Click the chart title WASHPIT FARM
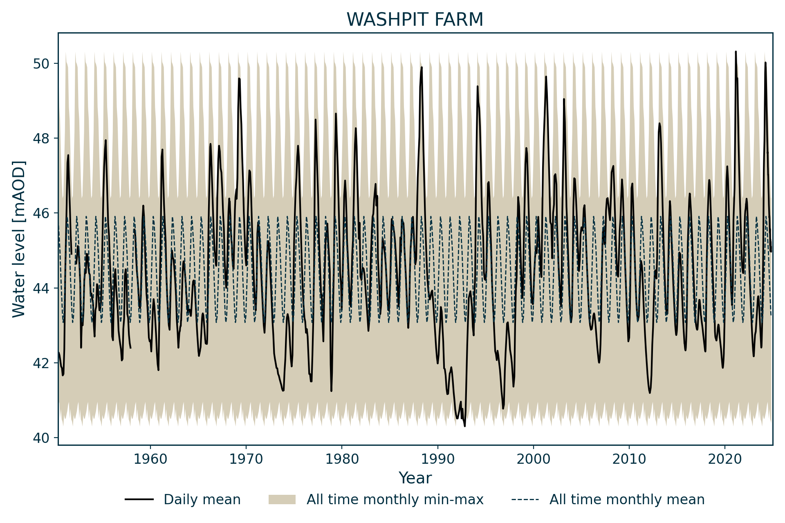point(415,20)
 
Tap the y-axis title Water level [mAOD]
point(19,239)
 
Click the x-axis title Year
point(415,478)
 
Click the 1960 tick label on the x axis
point(150,459)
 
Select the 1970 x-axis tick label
point(246,459)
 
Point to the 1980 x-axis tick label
point(342,459)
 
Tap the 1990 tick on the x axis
point(438,459)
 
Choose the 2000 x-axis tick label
point(534,459)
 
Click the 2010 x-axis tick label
point(629,459)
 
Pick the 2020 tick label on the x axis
point(725,459)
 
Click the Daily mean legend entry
point(202,499)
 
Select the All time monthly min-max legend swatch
point(282,499)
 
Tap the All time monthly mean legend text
point(627,499)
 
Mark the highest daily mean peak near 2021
point(736,52)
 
